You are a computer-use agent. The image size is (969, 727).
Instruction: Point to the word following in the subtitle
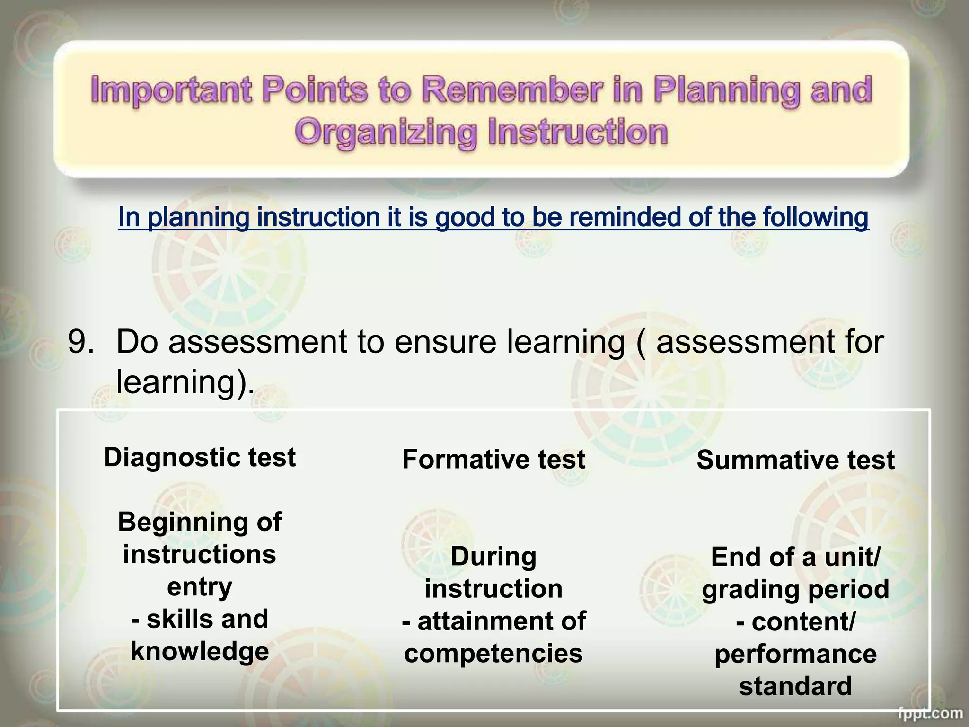[819, 217]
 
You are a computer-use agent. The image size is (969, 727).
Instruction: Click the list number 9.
[80, 342]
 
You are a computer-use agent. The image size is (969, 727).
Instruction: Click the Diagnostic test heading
[200, 458]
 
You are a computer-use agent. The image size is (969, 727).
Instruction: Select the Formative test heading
[493, 460]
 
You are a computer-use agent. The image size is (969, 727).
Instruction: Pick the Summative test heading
[795, 460]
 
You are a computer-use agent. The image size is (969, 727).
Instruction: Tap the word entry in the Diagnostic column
[200, 587]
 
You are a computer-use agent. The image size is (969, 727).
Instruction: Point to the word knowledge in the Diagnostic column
[200, 652]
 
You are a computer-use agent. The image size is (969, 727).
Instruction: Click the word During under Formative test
[493, 557]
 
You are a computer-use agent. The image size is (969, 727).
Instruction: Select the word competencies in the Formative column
[493, 654]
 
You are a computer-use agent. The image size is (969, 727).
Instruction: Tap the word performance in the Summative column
[795, 654]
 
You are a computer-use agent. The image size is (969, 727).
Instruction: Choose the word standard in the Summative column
[795, 686]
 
